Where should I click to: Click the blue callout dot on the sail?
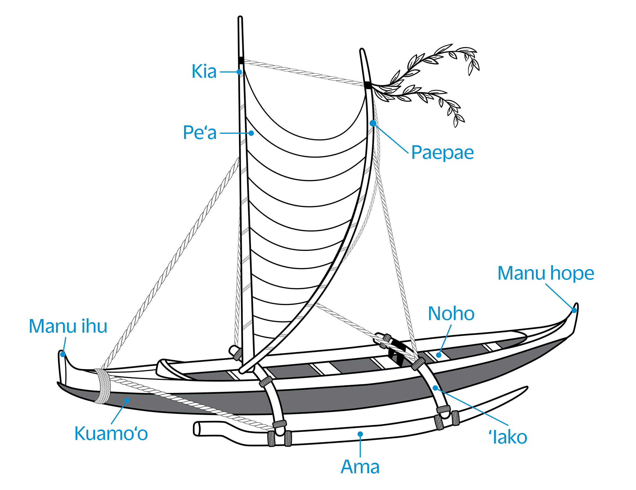coord(251,133)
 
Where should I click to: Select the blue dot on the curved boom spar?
coord(372,123)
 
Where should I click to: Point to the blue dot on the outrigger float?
coord(360,434)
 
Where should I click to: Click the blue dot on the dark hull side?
coord(127,400)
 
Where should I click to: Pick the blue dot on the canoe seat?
coord(439,355)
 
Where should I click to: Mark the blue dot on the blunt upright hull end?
coord(63,354)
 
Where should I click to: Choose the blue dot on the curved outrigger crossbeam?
coord(435,388)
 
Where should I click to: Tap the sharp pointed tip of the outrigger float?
coord(524,389)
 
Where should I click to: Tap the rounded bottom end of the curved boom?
coord(243,370)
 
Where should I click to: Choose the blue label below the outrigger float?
coord(360,464)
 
